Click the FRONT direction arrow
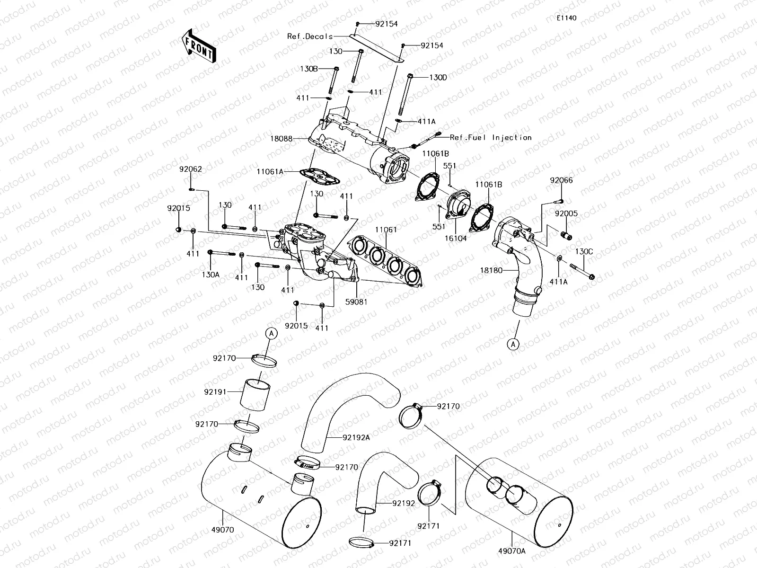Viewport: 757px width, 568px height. click(198, 46)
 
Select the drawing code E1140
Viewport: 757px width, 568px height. click(567, 18)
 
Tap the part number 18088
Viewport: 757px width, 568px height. click(282, 139)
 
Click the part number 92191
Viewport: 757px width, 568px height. click(215, 392)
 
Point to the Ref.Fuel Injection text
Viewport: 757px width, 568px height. click(491, 137)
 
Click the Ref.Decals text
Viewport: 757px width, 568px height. click(309, 36)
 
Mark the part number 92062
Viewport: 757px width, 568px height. click(190, 169)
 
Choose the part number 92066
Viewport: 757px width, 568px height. click(561, 180)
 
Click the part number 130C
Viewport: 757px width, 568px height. click(584, 252)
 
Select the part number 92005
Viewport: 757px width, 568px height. click(566, 214)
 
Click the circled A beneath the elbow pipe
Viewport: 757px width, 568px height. click(514, 345)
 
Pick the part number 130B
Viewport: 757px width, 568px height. click(308, 69)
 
